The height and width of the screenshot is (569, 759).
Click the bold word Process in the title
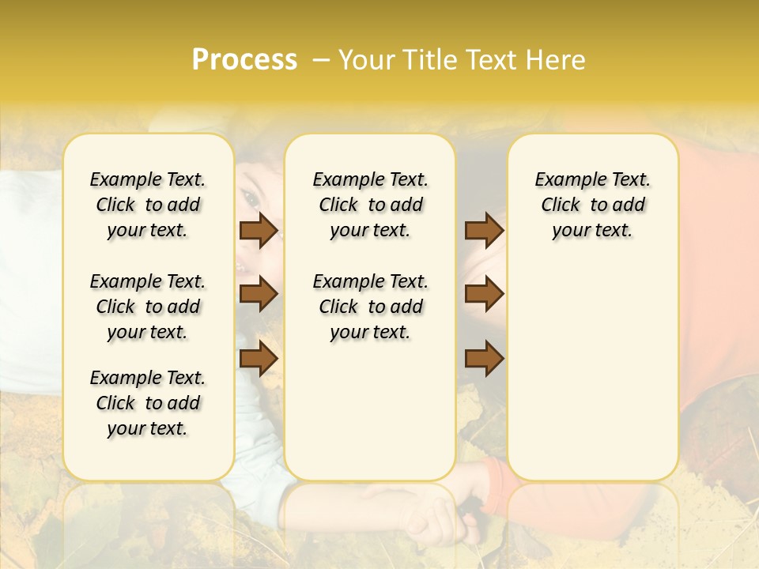(244, 60)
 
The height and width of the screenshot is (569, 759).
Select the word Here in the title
(558, 60)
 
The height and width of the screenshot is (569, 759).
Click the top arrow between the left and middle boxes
(259, 230)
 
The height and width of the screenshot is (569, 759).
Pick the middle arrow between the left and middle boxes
(259, 294)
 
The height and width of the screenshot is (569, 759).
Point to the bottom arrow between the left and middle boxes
(259, 358)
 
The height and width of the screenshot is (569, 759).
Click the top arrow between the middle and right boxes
(484, 230)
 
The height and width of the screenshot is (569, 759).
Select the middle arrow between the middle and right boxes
(484, 294)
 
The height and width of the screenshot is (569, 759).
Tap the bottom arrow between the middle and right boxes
(484, 358)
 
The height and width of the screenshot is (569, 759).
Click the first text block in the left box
(148, 205)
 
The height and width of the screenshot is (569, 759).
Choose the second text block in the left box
(148, 307)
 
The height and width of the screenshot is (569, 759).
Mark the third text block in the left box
(148, 403)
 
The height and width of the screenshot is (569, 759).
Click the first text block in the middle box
(371, 205)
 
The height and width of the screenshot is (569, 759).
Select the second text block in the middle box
(371, 307)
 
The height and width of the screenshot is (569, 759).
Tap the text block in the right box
(593, 205)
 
